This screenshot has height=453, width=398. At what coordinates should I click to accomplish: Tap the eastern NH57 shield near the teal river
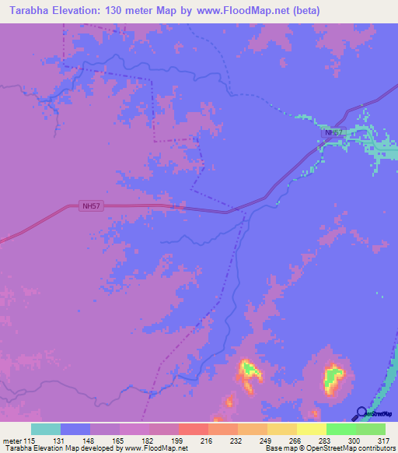pos(333,132)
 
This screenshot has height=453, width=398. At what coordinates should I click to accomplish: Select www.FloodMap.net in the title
pos(241,11)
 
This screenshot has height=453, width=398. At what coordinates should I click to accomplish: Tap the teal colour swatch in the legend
pos(46,429)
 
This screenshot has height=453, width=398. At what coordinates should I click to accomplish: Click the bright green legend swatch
pos(340,429)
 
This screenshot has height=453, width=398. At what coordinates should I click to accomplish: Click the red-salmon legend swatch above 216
pos(193,429)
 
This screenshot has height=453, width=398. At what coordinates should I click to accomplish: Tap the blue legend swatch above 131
pos(75,429)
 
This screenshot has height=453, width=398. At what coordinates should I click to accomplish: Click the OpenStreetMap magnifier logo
pos(361,414)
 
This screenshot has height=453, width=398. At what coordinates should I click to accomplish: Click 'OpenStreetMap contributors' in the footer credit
pos(354,448)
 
